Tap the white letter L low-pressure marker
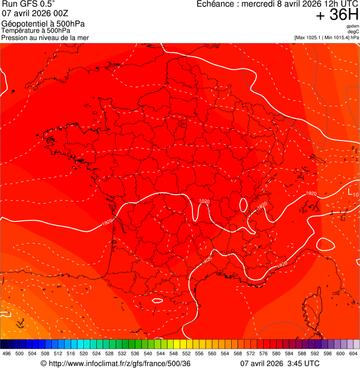[x=350, y=191]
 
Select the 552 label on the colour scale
[x=186, y=353]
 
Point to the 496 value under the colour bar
[x=7, y=353]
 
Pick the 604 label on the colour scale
[x=353, y=353]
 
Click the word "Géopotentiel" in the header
[x=21, y=24]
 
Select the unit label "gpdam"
[x=353, y=26]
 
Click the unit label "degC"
[x=353, y=31]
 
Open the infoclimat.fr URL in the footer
[x=119, y=364]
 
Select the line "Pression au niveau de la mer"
[x=45, y=37]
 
